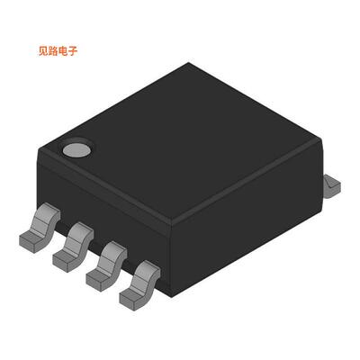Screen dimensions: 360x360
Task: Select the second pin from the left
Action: tap(73, 245)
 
